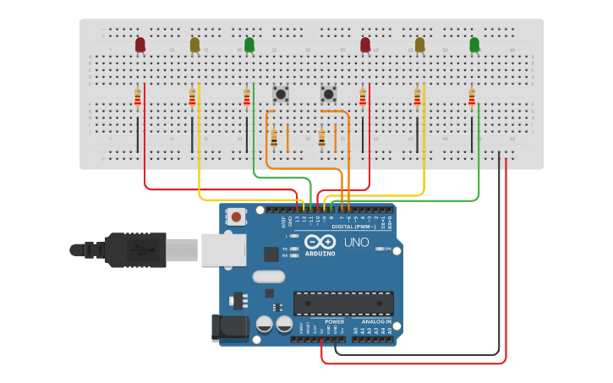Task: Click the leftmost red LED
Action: (140, 44)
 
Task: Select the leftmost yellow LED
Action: (195, 44)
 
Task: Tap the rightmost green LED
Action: (474, 44)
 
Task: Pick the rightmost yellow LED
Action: (419, 44)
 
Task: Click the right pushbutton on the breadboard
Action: (328, 94)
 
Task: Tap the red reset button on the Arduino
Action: (237, 217)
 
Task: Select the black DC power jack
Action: (230, 327)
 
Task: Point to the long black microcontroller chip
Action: (343, 303)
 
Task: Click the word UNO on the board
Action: (356, 243)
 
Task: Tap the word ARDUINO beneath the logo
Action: (320, 253)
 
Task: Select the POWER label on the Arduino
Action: (335, 321)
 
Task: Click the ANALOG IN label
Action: (376, 321)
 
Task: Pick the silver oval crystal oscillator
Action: (268, 276)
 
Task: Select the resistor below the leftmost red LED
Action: (138, 99)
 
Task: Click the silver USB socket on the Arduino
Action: (223, 250)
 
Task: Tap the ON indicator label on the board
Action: (387, 249)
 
